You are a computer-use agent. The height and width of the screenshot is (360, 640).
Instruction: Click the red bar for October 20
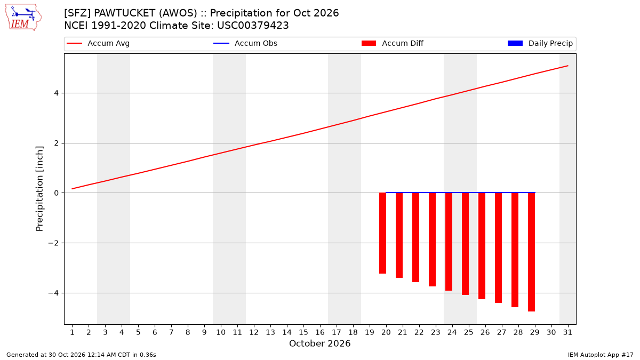click(382, 233)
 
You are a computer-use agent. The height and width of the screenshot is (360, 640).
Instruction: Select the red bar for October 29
click(531, 252)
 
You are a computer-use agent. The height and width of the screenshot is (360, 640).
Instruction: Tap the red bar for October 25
click(466, 244)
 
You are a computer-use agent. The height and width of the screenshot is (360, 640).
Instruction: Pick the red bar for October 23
click(433, 239)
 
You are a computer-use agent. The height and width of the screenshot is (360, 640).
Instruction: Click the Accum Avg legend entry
click(98, 43)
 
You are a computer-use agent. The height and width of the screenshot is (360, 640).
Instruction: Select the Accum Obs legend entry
click(245, 43)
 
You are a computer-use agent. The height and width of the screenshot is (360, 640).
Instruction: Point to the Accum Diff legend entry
click(393, 43)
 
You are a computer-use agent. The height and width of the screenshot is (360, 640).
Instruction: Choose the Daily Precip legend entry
click(540, 43)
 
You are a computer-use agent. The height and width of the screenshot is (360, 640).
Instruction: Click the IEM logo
click(23, 18)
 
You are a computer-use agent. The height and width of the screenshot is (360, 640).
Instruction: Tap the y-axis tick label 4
click(56, 93)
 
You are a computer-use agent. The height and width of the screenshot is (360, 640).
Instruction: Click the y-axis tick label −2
click(53, 243)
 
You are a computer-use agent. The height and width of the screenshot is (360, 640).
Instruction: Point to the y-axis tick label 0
click(56, 193)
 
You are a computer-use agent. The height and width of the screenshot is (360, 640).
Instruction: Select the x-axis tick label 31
click(567, 332)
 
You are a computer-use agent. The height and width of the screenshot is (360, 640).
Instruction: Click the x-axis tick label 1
click(72, 332)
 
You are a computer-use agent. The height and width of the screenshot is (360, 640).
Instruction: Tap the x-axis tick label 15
click(303, 332)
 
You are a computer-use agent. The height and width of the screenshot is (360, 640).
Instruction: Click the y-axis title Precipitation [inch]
click(39, 189)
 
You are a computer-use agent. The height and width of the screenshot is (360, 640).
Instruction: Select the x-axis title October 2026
click(319, 343)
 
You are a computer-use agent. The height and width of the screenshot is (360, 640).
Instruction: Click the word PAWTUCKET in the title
click(125, 13)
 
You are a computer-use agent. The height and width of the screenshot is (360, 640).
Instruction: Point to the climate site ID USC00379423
click(253, 26)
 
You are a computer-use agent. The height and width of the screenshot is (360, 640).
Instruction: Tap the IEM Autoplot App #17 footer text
click(601, 355)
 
